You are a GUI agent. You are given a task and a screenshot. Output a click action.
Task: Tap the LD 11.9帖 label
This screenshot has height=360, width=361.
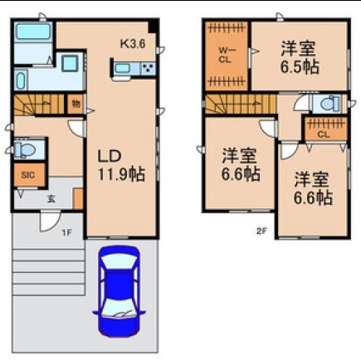(x=121, y=164)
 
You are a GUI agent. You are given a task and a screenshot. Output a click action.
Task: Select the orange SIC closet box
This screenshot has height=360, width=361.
(x=27, y=176)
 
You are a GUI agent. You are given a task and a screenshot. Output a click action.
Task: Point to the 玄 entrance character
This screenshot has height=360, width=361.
(x=51, y=198)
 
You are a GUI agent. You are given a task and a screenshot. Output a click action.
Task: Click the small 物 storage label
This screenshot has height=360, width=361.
(x=76, y=105)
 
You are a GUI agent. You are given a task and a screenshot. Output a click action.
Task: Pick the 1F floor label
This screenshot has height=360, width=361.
(x=66, y=232)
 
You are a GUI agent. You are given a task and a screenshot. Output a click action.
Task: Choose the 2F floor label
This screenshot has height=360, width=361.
(x=261, y=231)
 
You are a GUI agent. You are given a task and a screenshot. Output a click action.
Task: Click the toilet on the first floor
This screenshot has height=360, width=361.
(x=24, y=149)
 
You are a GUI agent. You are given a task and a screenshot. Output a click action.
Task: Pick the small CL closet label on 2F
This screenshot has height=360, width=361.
(x=322, y=134)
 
